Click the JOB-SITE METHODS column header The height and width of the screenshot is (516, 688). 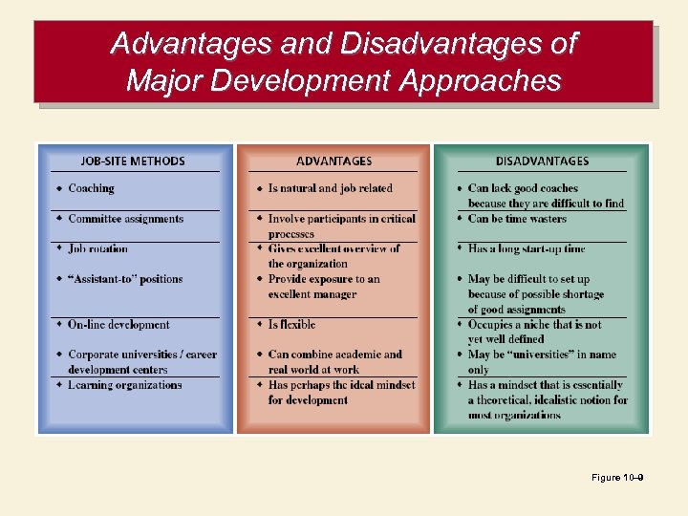click(133, 161)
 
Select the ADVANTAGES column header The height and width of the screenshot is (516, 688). click(333, 161)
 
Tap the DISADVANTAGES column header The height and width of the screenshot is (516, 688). click(542, 161)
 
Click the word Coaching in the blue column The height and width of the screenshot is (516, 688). click(91, 189)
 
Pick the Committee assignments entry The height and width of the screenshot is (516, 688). click(125, 219)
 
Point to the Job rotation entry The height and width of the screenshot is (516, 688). click(97, 249)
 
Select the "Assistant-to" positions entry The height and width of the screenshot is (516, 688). click(125, 279)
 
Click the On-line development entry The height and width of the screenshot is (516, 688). click(118, 325)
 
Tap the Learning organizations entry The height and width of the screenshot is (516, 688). click(124, 385)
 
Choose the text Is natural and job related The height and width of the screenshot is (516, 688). click(330, 189)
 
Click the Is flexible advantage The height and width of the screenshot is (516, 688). click(291, 325)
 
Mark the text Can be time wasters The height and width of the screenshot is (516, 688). click(517, 219)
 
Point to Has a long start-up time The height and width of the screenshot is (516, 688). click(527, 249)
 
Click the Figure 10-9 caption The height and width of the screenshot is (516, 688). click(617, 478)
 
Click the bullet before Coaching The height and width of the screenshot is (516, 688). click(59, 188)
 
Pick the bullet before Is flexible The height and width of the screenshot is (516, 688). click(259, 325)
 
